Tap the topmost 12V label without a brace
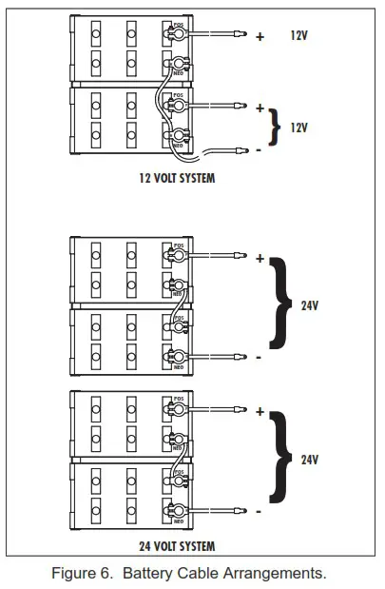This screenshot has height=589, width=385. tap(299, 35)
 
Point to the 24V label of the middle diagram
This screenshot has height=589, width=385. tap(309, 306)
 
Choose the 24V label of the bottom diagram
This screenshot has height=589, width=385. tap(309, 460)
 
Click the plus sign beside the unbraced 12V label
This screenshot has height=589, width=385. tap(260, 36)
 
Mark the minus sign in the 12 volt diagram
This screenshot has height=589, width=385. tap(260, 149)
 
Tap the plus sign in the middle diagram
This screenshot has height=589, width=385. tap(260, 258)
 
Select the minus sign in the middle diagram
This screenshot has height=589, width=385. tap(260, 358)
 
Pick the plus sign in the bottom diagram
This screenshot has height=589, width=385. tap(260, 411)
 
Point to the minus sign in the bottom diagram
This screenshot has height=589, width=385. tap(260, 511)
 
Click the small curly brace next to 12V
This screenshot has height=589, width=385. tap(277, 128)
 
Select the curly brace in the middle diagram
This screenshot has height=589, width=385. tap(279, 306)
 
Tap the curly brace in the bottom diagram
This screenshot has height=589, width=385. tap(279, 460)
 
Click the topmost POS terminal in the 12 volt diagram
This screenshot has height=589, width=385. tap(177, 34)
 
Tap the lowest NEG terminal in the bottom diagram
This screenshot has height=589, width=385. tap(177, 510)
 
